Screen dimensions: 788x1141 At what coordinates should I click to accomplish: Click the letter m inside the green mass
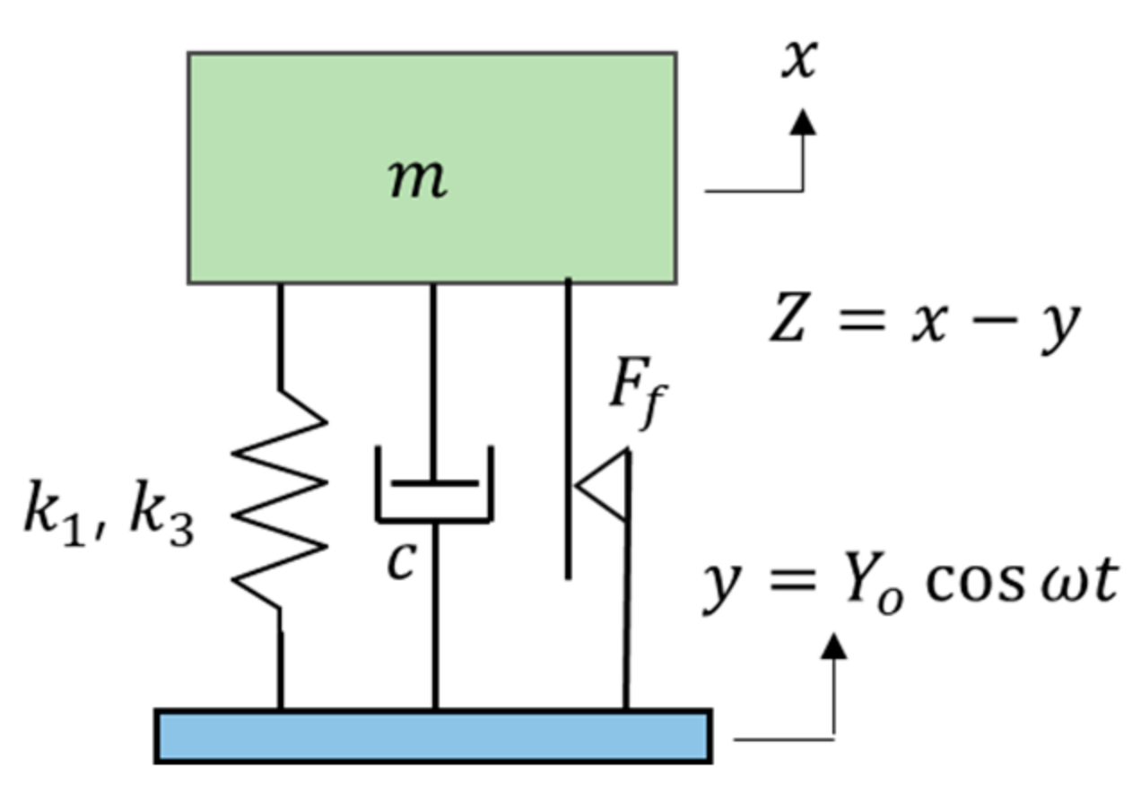[x=418, y=179]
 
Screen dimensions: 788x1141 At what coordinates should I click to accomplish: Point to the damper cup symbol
[x=434, y=502]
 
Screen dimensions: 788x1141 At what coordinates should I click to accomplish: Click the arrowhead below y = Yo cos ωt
[x=835, y=645]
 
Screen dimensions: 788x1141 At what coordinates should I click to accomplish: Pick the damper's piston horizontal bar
[x=434, y=483]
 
